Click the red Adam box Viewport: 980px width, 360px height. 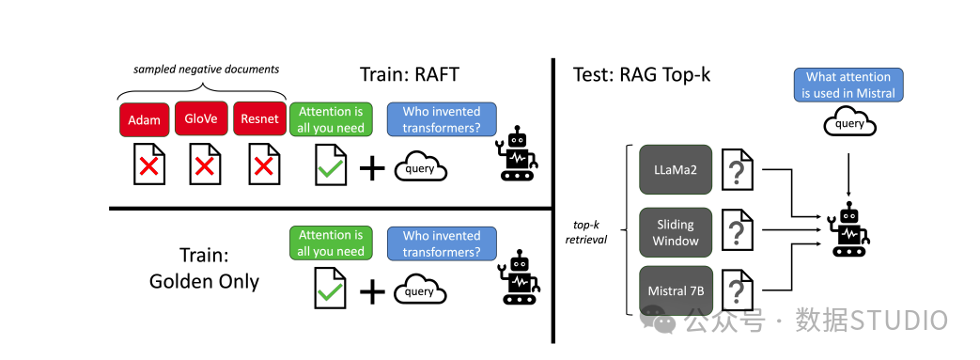point(145,120)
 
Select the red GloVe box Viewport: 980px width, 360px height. point(202,120)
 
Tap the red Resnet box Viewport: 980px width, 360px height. point(258,120)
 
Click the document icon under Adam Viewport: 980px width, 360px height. point(147,164)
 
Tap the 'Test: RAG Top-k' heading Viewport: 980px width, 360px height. point(642,74)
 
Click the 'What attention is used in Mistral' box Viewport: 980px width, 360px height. point(848,85)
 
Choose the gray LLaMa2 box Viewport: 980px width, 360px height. point(675,169)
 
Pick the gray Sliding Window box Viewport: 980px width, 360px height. point(675,232)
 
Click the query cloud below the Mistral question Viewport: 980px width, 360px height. point(849,123)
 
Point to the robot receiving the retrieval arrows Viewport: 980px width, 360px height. point(849,229)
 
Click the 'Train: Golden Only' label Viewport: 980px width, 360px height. point(205,268)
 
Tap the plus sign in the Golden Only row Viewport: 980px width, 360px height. point(372,291)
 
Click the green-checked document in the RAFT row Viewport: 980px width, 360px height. point(330,164)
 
